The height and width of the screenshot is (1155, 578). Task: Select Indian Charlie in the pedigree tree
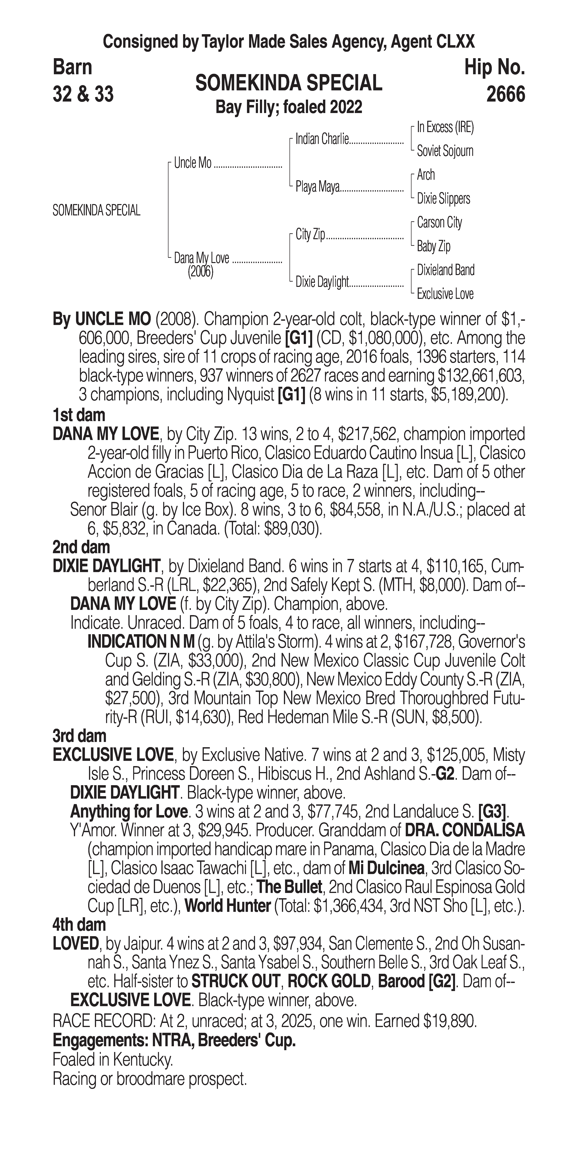click(322, 139)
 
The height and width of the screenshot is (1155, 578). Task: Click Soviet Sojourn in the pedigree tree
click(445, 151)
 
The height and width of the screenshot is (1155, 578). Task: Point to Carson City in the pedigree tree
click(439, 222)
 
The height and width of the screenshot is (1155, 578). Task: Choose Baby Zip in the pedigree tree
click(433, 246)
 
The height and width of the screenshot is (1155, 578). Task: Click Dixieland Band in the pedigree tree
click(445, 270)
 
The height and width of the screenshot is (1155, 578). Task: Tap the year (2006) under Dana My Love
click(200, 272)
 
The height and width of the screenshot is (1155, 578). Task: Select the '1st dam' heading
click(79, 415)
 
